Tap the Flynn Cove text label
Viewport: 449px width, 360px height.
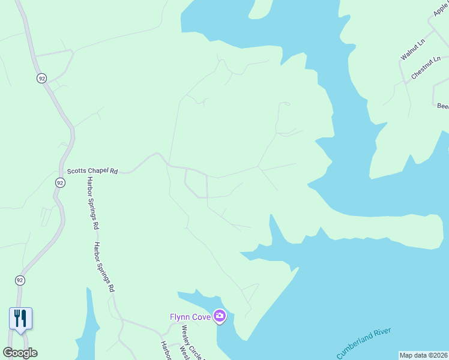pos(190,316)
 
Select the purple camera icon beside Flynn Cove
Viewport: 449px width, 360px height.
pos(220,316)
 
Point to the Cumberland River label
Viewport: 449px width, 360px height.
pos(364,343)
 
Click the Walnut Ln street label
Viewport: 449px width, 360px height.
pos(412,49)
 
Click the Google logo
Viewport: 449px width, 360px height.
pos(20,353)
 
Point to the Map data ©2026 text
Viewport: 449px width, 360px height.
pos(423,355)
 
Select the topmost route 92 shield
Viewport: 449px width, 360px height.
pos(41,79)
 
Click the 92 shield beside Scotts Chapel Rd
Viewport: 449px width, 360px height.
pos(60,182)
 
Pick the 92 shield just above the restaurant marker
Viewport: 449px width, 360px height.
pos(20,280)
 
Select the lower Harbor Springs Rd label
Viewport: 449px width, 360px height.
pos(103,266)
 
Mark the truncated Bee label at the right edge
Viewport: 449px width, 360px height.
pos(442,106)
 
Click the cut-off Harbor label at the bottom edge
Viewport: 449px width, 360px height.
pos(165,352)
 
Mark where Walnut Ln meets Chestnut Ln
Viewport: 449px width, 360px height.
pos(405,81)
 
